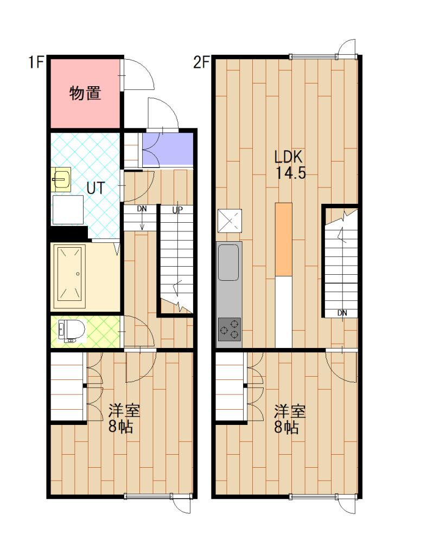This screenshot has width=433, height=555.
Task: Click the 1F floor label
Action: pyautogui.click(x=36, y=62)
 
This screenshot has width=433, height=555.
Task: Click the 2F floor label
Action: pyautogui.click(x=201, y=62)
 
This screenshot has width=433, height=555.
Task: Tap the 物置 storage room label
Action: pyautogui.click(x=85, y=93)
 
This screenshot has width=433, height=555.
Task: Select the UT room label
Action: pyautogui.click(x=95, y=188)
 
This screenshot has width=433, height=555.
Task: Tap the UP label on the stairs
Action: pyautogui.click(x=177, y=210)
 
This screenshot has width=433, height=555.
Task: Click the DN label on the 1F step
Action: pyautogui.click(x=142, y=209)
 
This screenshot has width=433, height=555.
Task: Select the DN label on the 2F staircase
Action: pyautogui.click(x=342, y=313)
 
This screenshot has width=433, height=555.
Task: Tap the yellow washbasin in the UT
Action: pyautogui.click(x=61, y=179)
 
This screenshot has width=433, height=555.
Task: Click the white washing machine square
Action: pyautogui.click(x=68, y=209)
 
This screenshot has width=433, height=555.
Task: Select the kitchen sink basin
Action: pyautogui.click(x=228, y=262)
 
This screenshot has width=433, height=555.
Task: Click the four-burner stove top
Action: pyautogui.click(x=229, y=329)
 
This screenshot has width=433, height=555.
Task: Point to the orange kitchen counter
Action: pyautogui.click(x=283, y=238)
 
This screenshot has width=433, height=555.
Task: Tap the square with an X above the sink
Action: pyautogui.click(x=228, y=221)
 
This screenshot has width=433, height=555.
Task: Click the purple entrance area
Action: pyautogui.click(x=168, y=148)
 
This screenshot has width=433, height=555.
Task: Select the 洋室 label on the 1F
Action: pyautogui.click(x=124, y=410)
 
